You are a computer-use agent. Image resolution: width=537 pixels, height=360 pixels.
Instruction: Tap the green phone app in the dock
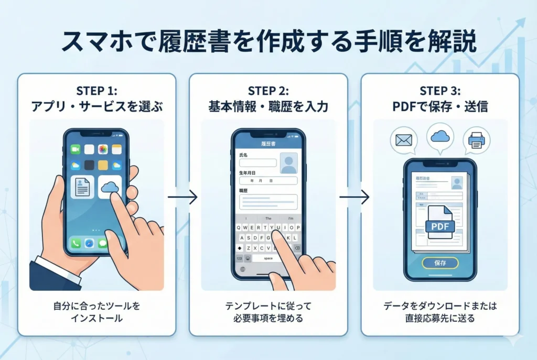[x=76, y=244]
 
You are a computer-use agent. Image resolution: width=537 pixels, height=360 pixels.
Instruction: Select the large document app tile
[x=82, y=187]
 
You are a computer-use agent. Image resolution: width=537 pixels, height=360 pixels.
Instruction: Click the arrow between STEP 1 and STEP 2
[x=182, y=198]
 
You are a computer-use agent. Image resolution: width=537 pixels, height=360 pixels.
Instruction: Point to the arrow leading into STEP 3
[x=354, y=198]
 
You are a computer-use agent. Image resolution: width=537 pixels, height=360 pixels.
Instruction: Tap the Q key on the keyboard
[x=239, y=227]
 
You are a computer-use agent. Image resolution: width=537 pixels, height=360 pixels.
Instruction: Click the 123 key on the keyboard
[x=240, y=258]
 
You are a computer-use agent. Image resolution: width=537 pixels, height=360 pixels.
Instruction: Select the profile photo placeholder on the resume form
[x=288, y=163]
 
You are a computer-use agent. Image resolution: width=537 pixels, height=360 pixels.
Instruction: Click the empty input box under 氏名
[x=257, y=163]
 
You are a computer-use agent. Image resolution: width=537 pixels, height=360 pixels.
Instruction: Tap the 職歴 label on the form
[x=244, y=191]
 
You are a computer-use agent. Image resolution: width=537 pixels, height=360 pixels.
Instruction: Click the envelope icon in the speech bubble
[x=404, y=140]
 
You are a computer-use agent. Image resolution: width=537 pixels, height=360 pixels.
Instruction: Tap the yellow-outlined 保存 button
[x=440, y=263]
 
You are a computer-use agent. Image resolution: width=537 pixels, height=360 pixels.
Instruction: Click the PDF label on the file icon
[x=439, y=226]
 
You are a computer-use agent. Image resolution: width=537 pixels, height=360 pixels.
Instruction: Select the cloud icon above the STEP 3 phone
[x=440, y=136]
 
